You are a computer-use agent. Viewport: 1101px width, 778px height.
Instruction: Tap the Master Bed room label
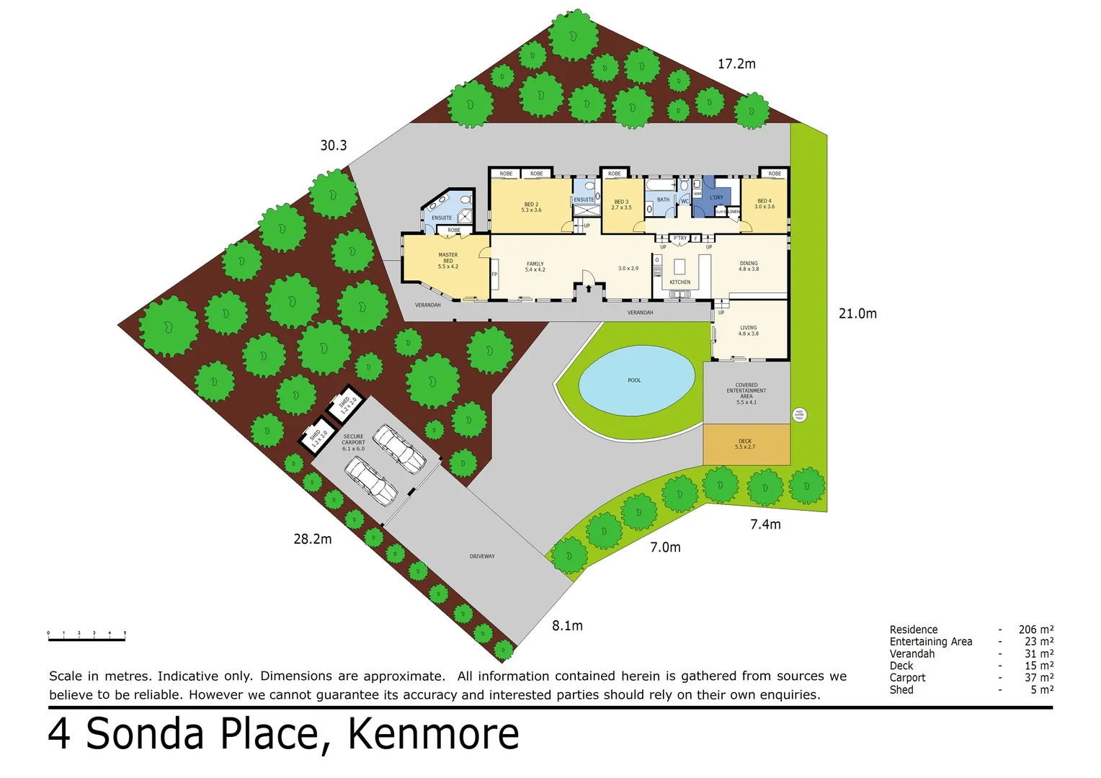click(x=448, y=261)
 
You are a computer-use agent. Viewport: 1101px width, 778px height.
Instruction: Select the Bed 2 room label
click(x=531, y=207)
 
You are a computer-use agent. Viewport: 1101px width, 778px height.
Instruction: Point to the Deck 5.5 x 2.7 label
click(x=745, y=444)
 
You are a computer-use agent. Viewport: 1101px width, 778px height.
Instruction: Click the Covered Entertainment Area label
click(x=746, y=393)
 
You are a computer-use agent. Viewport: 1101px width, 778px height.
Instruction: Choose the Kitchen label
click(x=679, y=282)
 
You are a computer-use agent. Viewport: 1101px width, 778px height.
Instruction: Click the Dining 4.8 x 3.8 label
click(x=749, y=266)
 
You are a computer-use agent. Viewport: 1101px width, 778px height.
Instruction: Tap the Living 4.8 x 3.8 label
click(x=748, y=331)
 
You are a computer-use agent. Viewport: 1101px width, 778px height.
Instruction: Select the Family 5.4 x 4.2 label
click(x=535, y=267)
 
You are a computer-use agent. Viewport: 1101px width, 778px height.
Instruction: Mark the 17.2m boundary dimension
click(x=736, y=64)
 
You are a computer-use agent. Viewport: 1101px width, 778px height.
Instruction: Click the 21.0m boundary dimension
click(x=857, y=313)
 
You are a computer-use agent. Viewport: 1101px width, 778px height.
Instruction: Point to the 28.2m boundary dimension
click(x=313, y=539)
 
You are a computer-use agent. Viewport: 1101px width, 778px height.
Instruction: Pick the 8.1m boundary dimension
click(x=567, y=626)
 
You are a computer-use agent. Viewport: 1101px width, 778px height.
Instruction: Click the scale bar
click(x=86, y=636)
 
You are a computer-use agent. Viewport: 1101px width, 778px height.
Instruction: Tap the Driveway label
click(x=482, y=556)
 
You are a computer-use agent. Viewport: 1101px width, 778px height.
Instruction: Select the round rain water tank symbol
click(x=799, y=414)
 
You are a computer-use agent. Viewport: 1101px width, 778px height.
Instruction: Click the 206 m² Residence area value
click(x=1035, y=630)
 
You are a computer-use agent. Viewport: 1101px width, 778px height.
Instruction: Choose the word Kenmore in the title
click(x=433, y=734)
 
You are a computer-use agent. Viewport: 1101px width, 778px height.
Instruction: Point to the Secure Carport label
click(x=353, y=442)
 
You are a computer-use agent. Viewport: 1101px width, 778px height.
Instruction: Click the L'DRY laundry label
click(x=716, y=197)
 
